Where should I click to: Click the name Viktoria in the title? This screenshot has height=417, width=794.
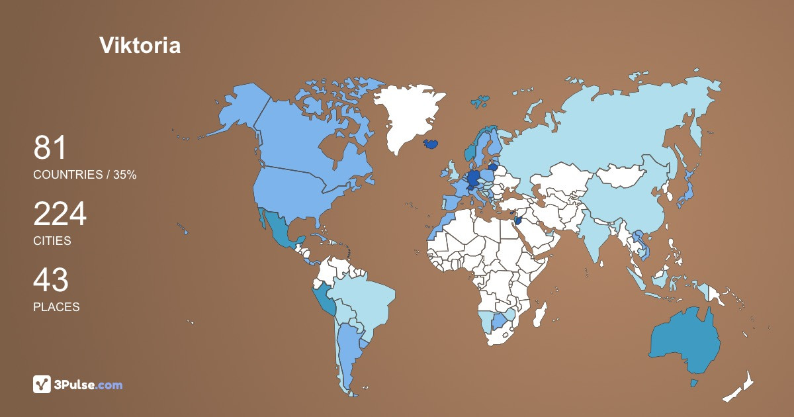[140, 45]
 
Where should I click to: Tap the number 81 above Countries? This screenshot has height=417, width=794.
[50, 148]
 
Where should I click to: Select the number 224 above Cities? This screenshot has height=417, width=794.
[60, 214]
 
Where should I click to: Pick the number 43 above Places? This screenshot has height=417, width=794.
[50, 281]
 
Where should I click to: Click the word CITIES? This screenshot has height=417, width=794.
[52, 241]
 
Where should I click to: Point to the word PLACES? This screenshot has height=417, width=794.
[56, 307]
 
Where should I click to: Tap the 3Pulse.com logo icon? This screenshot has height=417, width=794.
[42, 384]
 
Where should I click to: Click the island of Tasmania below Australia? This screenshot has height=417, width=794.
[694, 383]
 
